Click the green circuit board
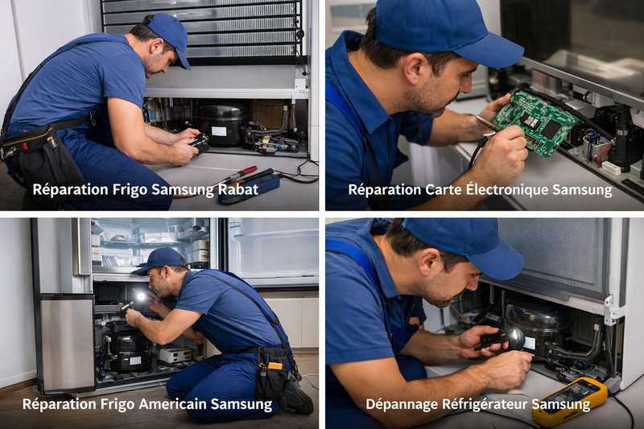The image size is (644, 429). pos(535,122)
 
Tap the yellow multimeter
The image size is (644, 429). pos(569,400)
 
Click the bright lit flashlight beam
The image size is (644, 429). pos(142,298)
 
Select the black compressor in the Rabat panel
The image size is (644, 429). pos(223,124)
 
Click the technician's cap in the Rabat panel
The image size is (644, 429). pos(168,34)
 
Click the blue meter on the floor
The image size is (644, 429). pos(250,188)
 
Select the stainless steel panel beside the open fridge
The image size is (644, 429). pos(67,342)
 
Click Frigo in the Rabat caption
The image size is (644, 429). pos(132,190)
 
